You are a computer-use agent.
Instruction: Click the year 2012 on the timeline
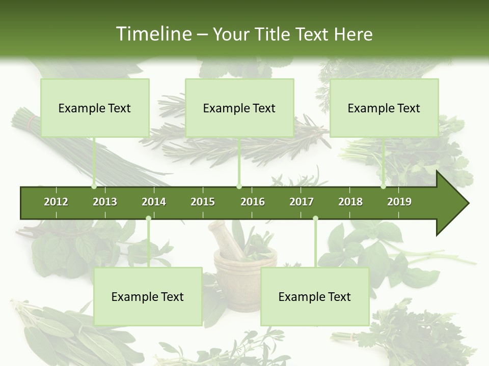(56, 202)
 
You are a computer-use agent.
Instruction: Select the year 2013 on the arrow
(105, 202)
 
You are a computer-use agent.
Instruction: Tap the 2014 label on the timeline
(154, 202)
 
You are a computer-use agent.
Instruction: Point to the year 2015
(203, 202)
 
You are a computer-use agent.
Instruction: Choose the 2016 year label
(253, 202)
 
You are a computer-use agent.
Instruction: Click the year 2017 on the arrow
(302, 202)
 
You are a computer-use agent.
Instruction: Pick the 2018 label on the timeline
(350, 202)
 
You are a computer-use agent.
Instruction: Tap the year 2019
(399, 202)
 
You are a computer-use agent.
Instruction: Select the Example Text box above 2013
(95, 108)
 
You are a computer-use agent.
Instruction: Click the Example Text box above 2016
(239, 108)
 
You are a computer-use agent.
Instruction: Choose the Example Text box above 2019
(384, 108)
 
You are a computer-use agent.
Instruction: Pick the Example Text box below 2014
(148, 297)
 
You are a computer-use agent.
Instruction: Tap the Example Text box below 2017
(315, 297)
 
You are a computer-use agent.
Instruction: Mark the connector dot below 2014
(148, 219)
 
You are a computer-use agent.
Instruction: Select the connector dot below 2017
(315, 219)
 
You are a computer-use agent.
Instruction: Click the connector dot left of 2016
(239, 187)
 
